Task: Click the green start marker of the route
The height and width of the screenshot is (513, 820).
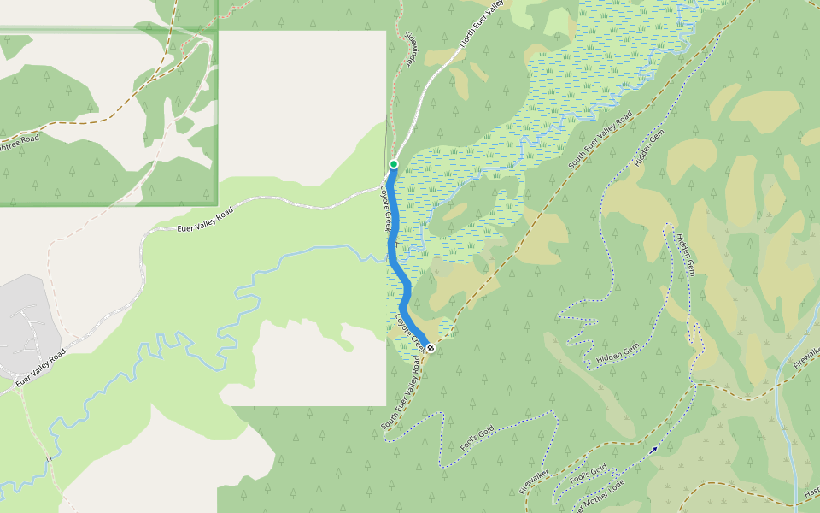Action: (x=394, y=163)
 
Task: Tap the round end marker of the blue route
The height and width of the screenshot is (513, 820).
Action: (x=430, y=348)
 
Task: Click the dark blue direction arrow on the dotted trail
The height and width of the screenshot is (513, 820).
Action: (x=653, y=449)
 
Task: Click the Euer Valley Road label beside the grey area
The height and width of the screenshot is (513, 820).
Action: (x=41, y=366)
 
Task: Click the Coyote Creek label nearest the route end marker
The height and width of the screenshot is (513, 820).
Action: (x=409, y=330)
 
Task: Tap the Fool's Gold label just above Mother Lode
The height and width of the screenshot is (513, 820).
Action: (x=589, y=472)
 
